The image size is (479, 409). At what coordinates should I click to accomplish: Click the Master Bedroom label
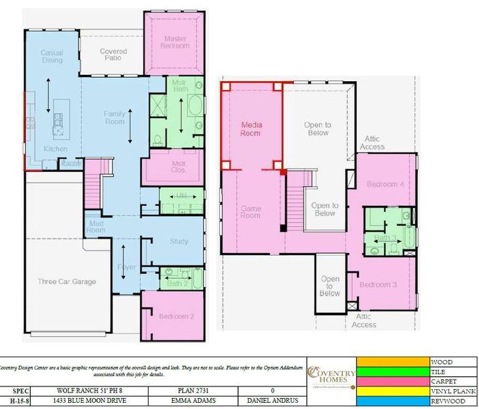pos(175,42)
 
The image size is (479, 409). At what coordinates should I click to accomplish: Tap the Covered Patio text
pos(113,55)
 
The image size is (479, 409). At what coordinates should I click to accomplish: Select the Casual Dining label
pos(53,56)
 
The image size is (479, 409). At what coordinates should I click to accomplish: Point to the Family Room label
pos(115,117)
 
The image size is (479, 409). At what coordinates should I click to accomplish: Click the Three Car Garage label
pos(67,281)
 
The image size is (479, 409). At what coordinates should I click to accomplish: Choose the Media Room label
pos(251,129)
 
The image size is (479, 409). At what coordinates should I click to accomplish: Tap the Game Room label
pos(251,211)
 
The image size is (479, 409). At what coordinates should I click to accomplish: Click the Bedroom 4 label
pos(381,184)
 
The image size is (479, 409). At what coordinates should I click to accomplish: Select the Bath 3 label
pos(386,238)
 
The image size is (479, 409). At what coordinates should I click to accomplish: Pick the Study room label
pos(179,241)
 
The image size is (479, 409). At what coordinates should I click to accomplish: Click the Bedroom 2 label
pos(177,316)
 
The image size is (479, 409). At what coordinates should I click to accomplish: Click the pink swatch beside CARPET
pos(392,381)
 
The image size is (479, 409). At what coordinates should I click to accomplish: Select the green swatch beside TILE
pos(392,372)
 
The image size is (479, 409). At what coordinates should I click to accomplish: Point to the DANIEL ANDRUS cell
pos(272,402)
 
